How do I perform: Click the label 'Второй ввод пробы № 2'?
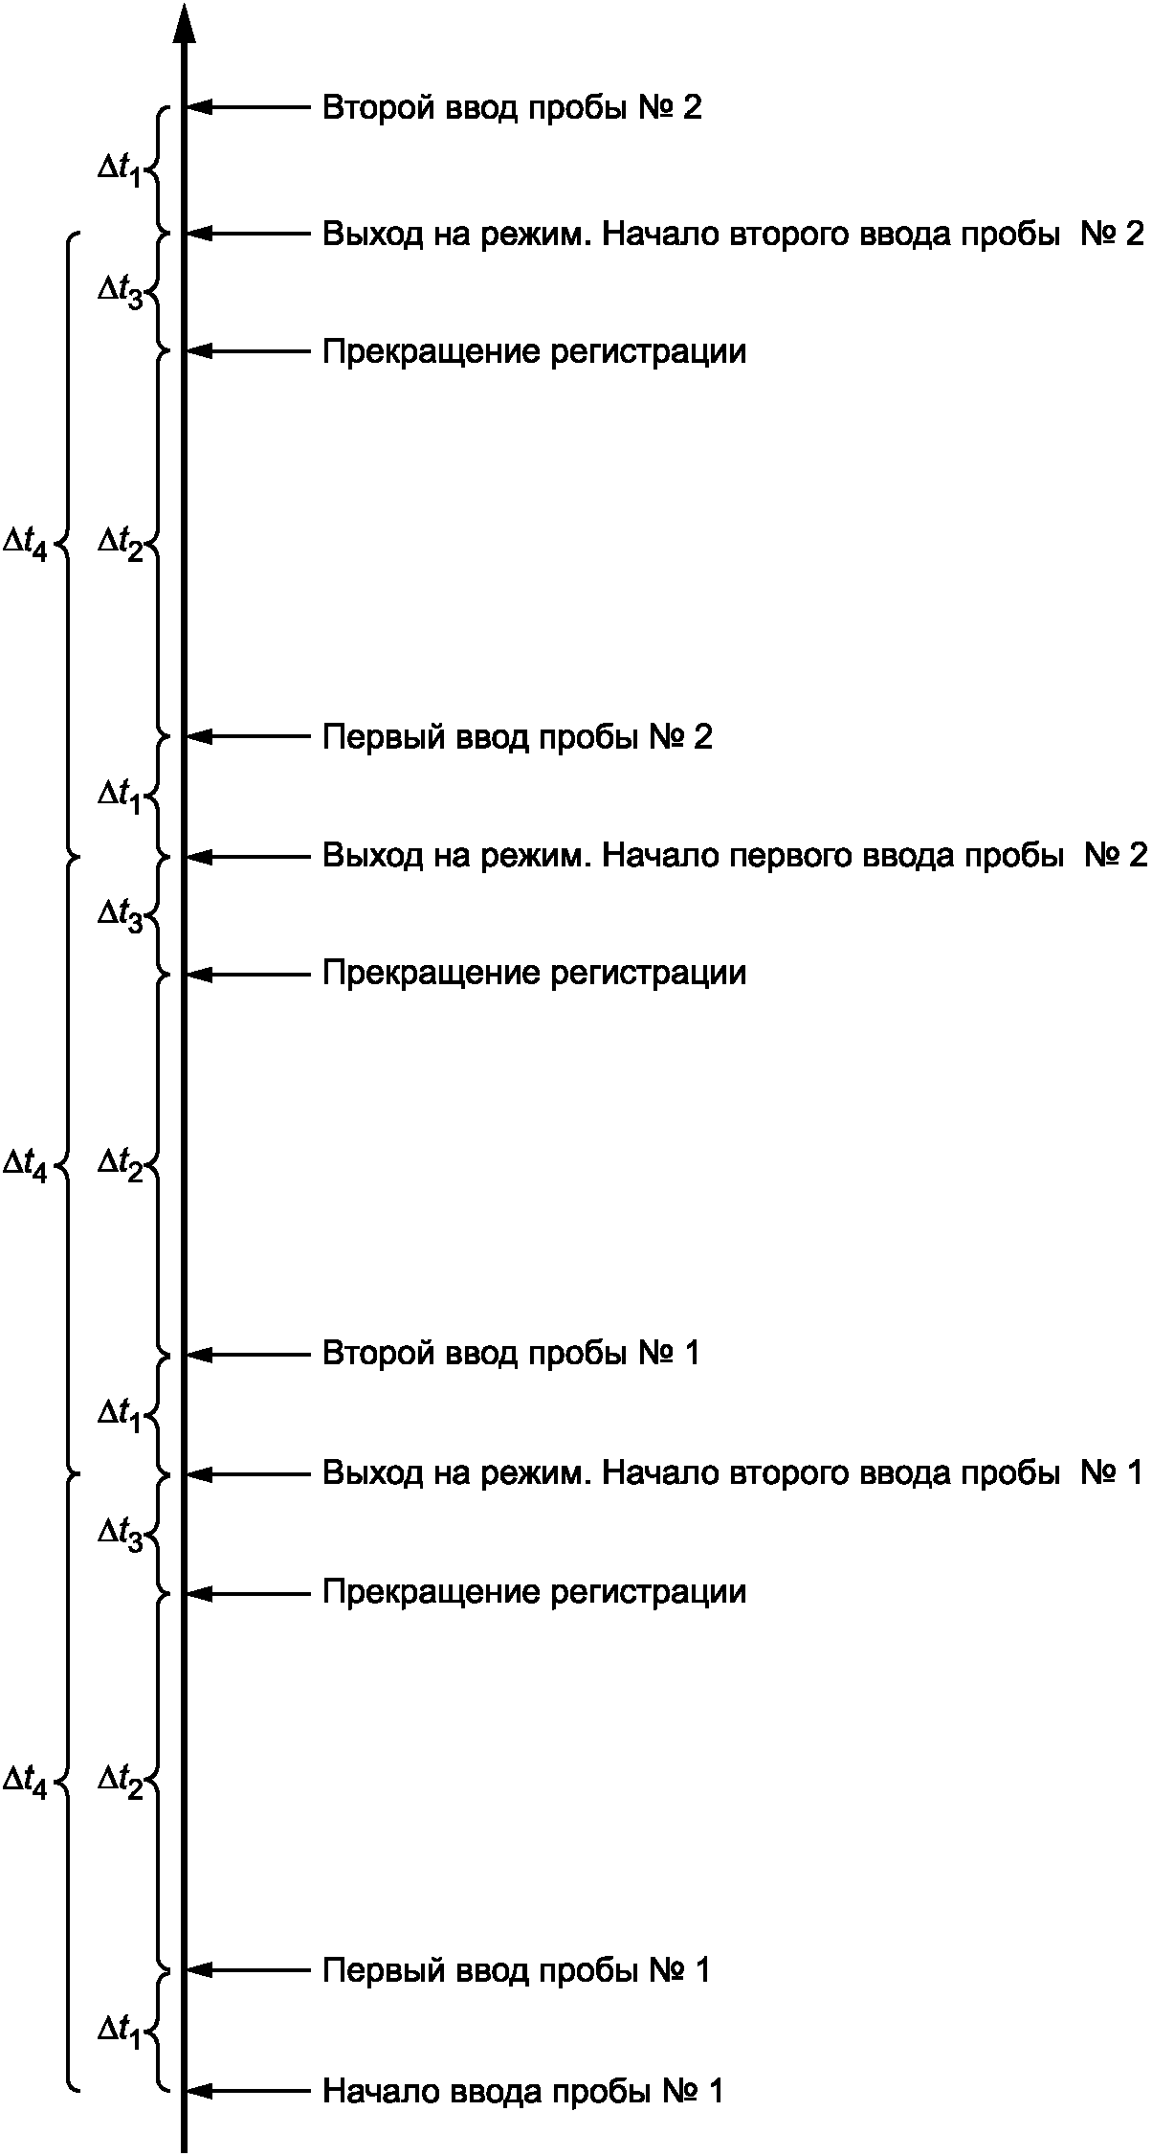pyautogui.click(x=511, y=107)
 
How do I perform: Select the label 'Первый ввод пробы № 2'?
pyautogui.click(x=517, y=736)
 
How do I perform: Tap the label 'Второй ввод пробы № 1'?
pyautogui.click(x=511, y=1354)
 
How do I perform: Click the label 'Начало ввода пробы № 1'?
pyautogui.click(x=522, y=2090)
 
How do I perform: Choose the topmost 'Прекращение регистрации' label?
pyautogui.click(x=534, y=351)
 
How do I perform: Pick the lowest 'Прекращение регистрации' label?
pyautogui.click(x=534, y=1592)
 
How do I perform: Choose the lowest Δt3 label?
pyautogui.click(x=120, y=1534)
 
